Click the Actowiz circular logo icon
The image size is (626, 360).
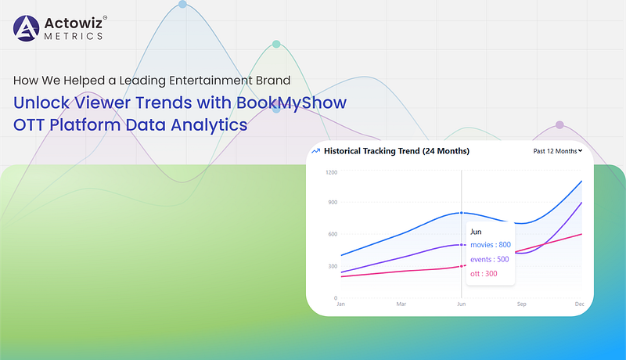[x=27, y=28]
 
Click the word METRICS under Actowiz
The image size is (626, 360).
[x=74, y=36]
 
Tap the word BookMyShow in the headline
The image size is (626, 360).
[x=291, y=103]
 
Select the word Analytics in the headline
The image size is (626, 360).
[x=209, y=125]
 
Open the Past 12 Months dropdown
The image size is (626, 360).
[x=558, y=151]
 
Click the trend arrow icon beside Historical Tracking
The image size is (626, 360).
[x=316, y=151]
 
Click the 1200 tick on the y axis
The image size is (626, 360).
[x=331, y=172]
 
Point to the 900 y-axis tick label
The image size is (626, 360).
[x=333, y=203]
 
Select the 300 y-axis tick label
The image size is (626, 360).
[x=333, y=266]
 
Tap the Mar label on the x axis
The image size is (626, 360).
[x=401, y=304]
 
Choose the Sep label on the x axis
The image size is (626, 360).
[x=521, y=304]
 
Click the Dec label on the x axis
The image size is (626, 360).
[x=579, y=304]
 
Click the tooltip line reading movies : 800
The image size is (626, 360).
[x=491, y=245]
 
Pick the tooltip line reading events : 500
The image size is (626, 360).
[x=490, y=259]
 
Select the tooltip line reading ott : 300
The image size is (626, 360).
[x=484, y=274]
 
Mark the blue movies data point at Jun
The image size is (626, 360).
[x=462, y=213]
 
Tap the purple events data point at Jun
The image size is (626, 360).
[x=462, y=245]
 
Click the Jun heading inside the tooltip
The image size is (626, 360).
[x=476, y=232]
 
